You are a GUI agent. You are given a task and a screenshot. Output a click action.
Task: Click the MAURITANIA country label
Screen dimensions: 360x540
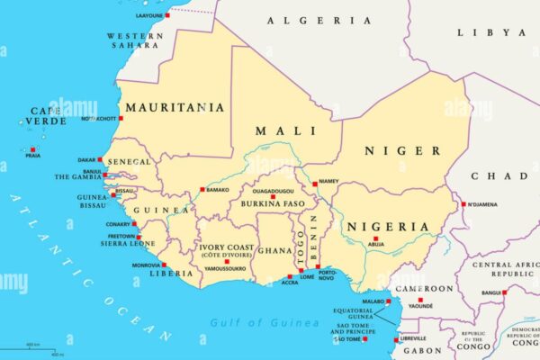(175, 107)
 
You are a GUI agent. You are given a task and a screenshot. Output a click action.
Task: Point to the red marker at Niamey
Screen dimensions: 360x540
(315, 184)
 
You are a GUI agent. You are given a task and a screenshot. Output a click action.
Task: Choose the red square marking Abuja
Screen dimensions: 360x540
(375, 238)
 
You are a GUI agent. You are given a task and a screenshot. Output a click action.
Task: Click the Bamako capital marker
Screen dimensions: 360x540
(202, 190)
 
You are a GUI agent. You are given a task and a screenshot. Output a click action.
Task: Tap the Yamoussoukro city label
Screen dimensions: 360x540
(227, 268)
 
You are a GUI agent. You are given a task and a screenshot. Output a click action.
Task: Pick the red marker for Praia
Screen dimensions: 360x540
(33, 149)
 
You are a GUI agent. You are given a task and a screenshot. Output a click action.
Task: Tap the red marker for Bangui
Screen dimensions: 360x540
(504, 292)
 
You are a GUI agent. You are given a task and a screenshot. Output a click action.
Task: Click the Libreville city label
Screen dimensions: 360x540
(413, 338)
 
